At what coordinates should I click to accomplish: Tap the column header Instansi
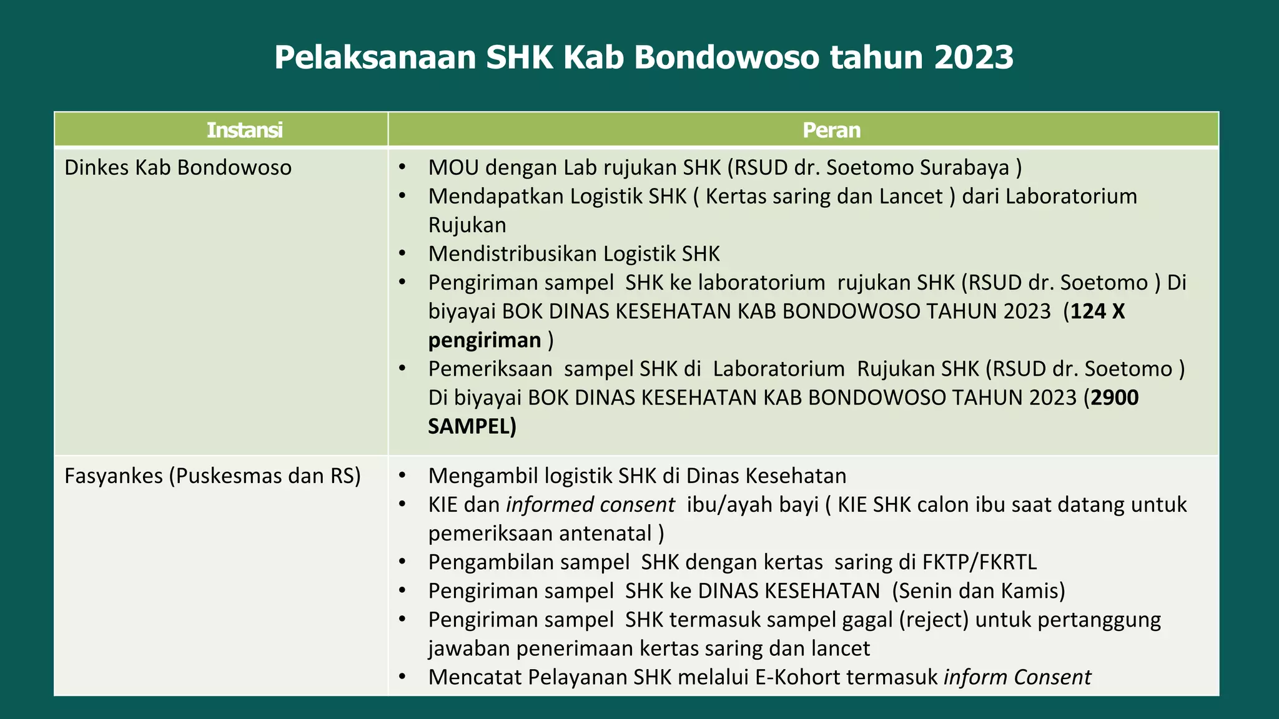(245, 130)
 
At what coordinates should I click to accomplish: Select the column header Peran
(831, 130)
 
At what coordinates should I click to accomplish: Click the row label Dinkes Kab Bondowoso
(178, 167)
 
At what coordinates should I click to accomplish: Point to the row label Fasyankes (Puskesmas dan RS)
(213, 476)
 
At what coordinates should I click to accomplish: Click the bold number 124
(1089, 311)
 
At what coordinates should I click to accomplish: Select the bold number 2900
(1114, 397)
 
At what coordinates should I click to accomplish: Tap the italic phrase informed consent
(590, 504)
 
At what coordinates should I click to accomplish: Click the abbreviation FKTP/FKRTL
(979, 562)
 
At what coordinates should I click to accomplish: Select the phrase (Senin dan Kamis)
(979, 590)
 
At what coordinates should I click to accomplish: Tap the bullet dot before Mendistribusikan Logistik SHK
(402, 253)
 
